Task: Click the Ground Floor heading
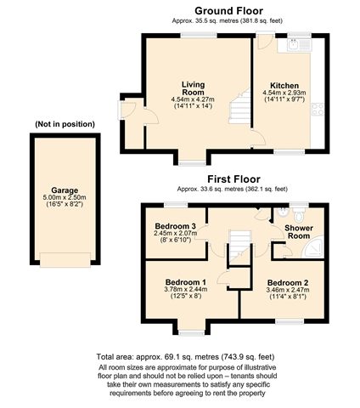coord(228,11)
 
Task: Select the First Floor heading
coord(233,179)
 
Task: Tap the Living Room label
coord(193,88)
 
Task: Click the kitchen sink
coord(294,45)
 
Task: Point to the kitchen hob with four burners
coord(318,110)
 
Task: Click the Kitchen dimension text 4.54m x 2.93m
coord(284,93)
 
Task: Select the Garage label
coord(65,190)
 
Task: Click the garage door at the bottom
coord(65,260)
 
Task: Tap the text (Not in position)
coord(65,124)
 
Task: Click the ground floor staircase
coord(239,106)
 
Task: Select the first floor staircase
coord(240,246)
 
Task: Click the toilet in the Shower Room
coord(298,215)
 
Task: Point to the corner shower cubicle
coord(312,248)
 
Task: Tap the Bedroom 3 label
coord(176,226)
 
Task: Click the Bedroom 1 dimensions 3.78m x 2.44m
coord(186,289)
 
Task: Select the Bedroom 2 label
coord(288,283)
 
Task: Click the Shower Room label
coord(299,232)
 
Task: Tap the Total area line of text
coord(185,357)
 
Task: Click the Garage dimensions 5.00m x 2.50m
coord(65,197)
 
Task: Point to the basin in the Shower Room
coord(282,212)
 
